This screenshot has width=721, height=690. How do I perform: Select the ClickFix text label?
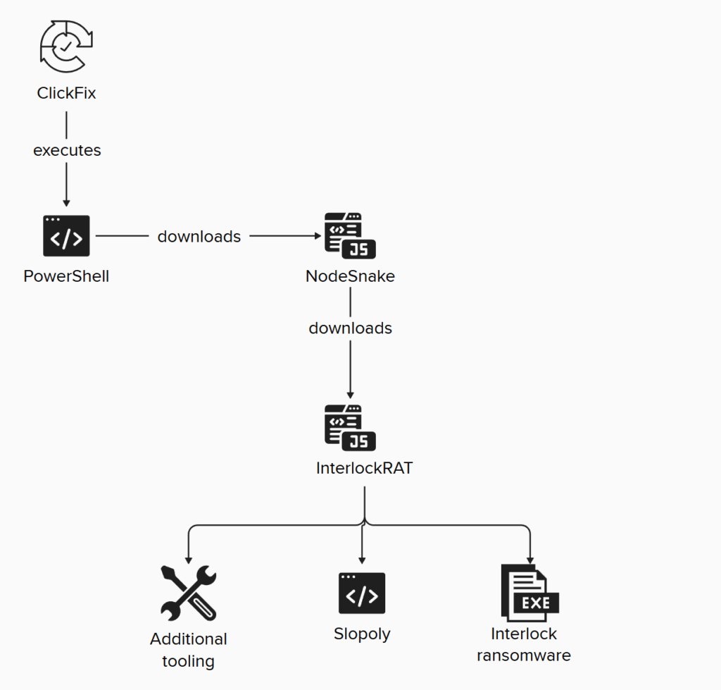[66, 92]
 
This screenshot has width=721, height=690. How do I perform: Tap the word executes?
[67, 150]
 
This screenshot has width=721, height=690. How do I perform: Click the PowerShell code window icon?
[66, 236]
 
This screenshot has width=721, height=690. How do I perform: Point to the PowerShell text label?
[66, 276]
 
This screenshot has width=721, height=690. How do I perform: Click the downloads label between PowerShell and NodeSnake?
[199, 237]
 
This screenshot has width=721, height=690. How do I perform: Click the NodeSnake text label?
[350, 276]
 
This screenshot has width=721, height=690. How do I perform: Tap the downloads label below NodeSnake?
[350, 328]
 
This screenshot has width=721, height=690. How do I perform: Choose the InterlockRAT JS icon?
[350, 427]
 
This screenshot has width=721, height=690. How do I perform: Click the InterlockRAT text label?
[364, 467]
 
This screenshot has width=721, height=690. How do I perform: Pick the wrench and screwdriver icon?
[188, 593]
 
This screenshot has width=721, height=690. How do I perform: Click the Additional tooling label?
[188, 650]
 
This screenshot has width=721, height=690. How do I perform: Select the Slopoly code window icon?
[362, 593]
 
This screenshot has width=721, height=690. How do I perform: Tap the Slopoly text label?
[362, 634]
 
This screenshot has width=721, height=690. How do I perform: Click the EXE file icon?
[529, 593]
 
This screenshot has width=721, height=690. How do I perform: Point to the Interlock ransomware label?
[523, 644]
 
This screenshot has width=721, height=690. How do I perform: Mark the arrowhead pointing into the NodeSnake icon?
[316, 237]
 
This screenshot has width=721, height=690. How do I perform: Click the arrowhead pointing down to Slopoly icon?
[362, 560]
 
